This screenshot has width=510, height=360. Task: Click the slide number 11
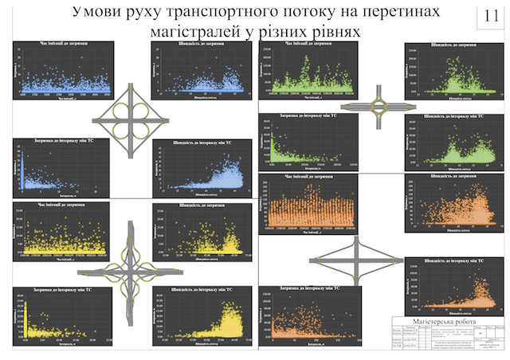485,15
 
